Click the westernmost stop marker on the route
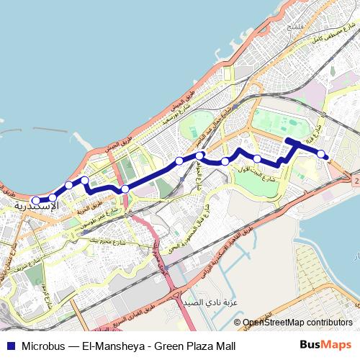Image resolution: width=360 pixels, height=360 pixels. tap(37, 201)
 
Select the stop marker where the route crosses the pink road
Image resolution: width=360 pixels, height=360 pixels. tap(125, 189)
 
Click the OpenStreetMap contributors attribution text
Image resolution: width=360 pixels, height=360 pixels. tap(297, 323)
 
